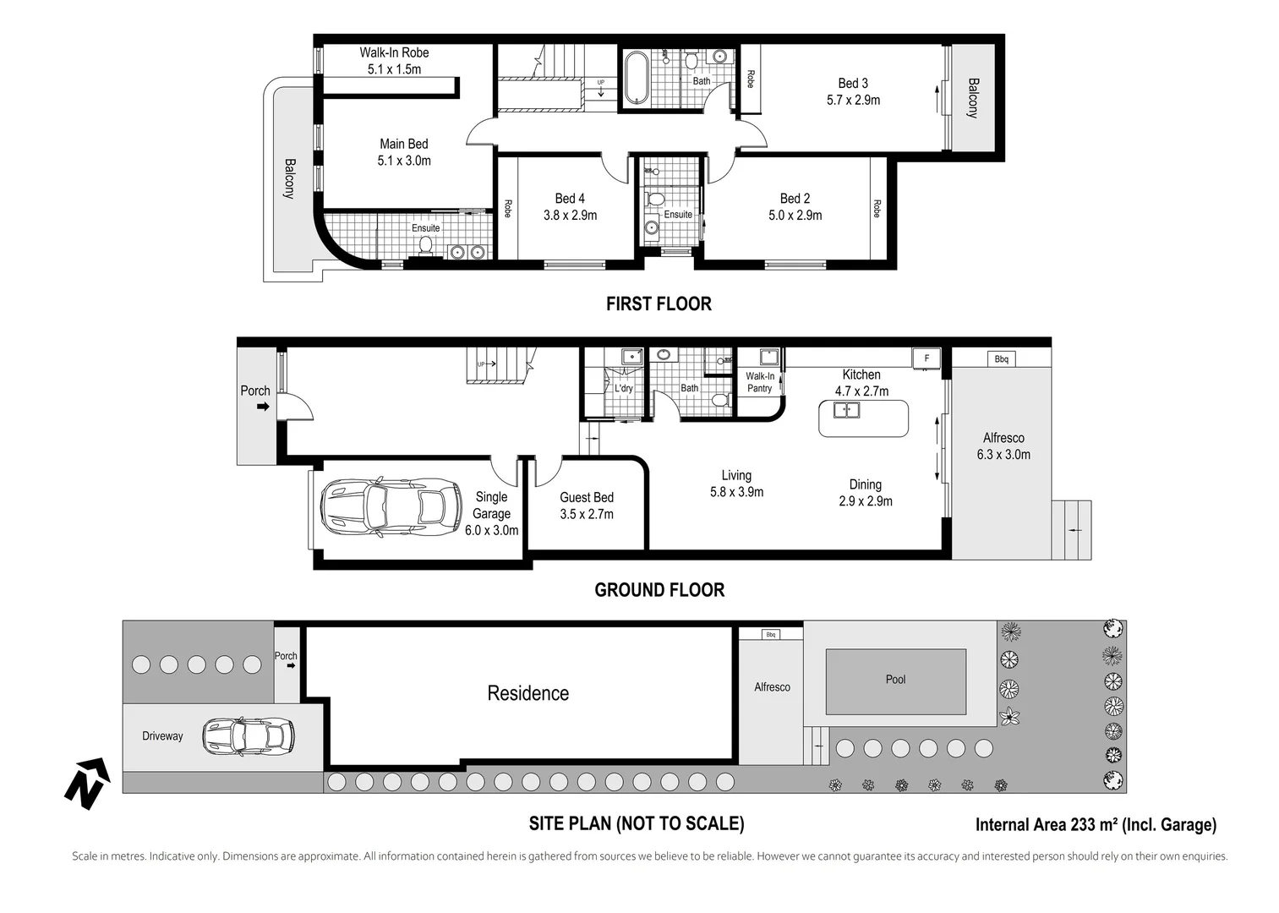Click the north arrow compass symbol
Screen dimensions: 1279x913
pos(87,783)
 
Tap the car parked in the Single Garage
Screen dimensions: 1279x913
pos(391,507)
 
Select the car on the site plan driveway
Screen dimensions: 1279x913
pos(249,736)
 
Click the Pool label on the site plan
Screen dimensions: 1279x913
pos(895,680)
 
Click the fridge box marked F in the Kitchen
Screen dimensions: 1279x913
pos(926,358)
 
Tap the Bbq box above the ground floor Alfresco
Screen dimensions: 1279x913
pos(1002,358)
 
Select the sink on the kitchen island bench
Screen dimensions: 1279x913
pos(846,410)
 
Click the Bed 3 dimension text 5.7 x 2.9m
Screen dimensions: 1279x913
pos(853,100)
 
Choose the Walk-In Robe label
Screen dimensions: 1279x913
pos(394,52)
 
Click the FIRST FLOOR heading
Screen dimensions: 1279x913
pos(659,303)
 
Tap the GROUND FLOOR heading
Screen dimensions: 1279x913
pos(659,590)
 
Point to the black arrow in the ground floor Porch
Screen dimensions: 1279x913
pos(263,407)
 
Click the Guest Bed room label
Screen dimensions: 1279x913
pos(587,497)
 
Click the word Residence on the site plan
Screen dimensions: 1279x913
pos(528,693)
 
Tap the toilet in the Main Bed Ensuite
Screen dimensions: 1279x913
pos(425,246)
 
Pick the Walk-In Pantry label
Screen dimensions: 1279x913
pos(760,382)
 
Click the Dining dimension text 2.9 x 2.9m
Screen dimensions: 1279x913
pos(865,500)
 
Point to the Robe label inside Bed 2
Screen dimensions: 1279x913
pos(877,209)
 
